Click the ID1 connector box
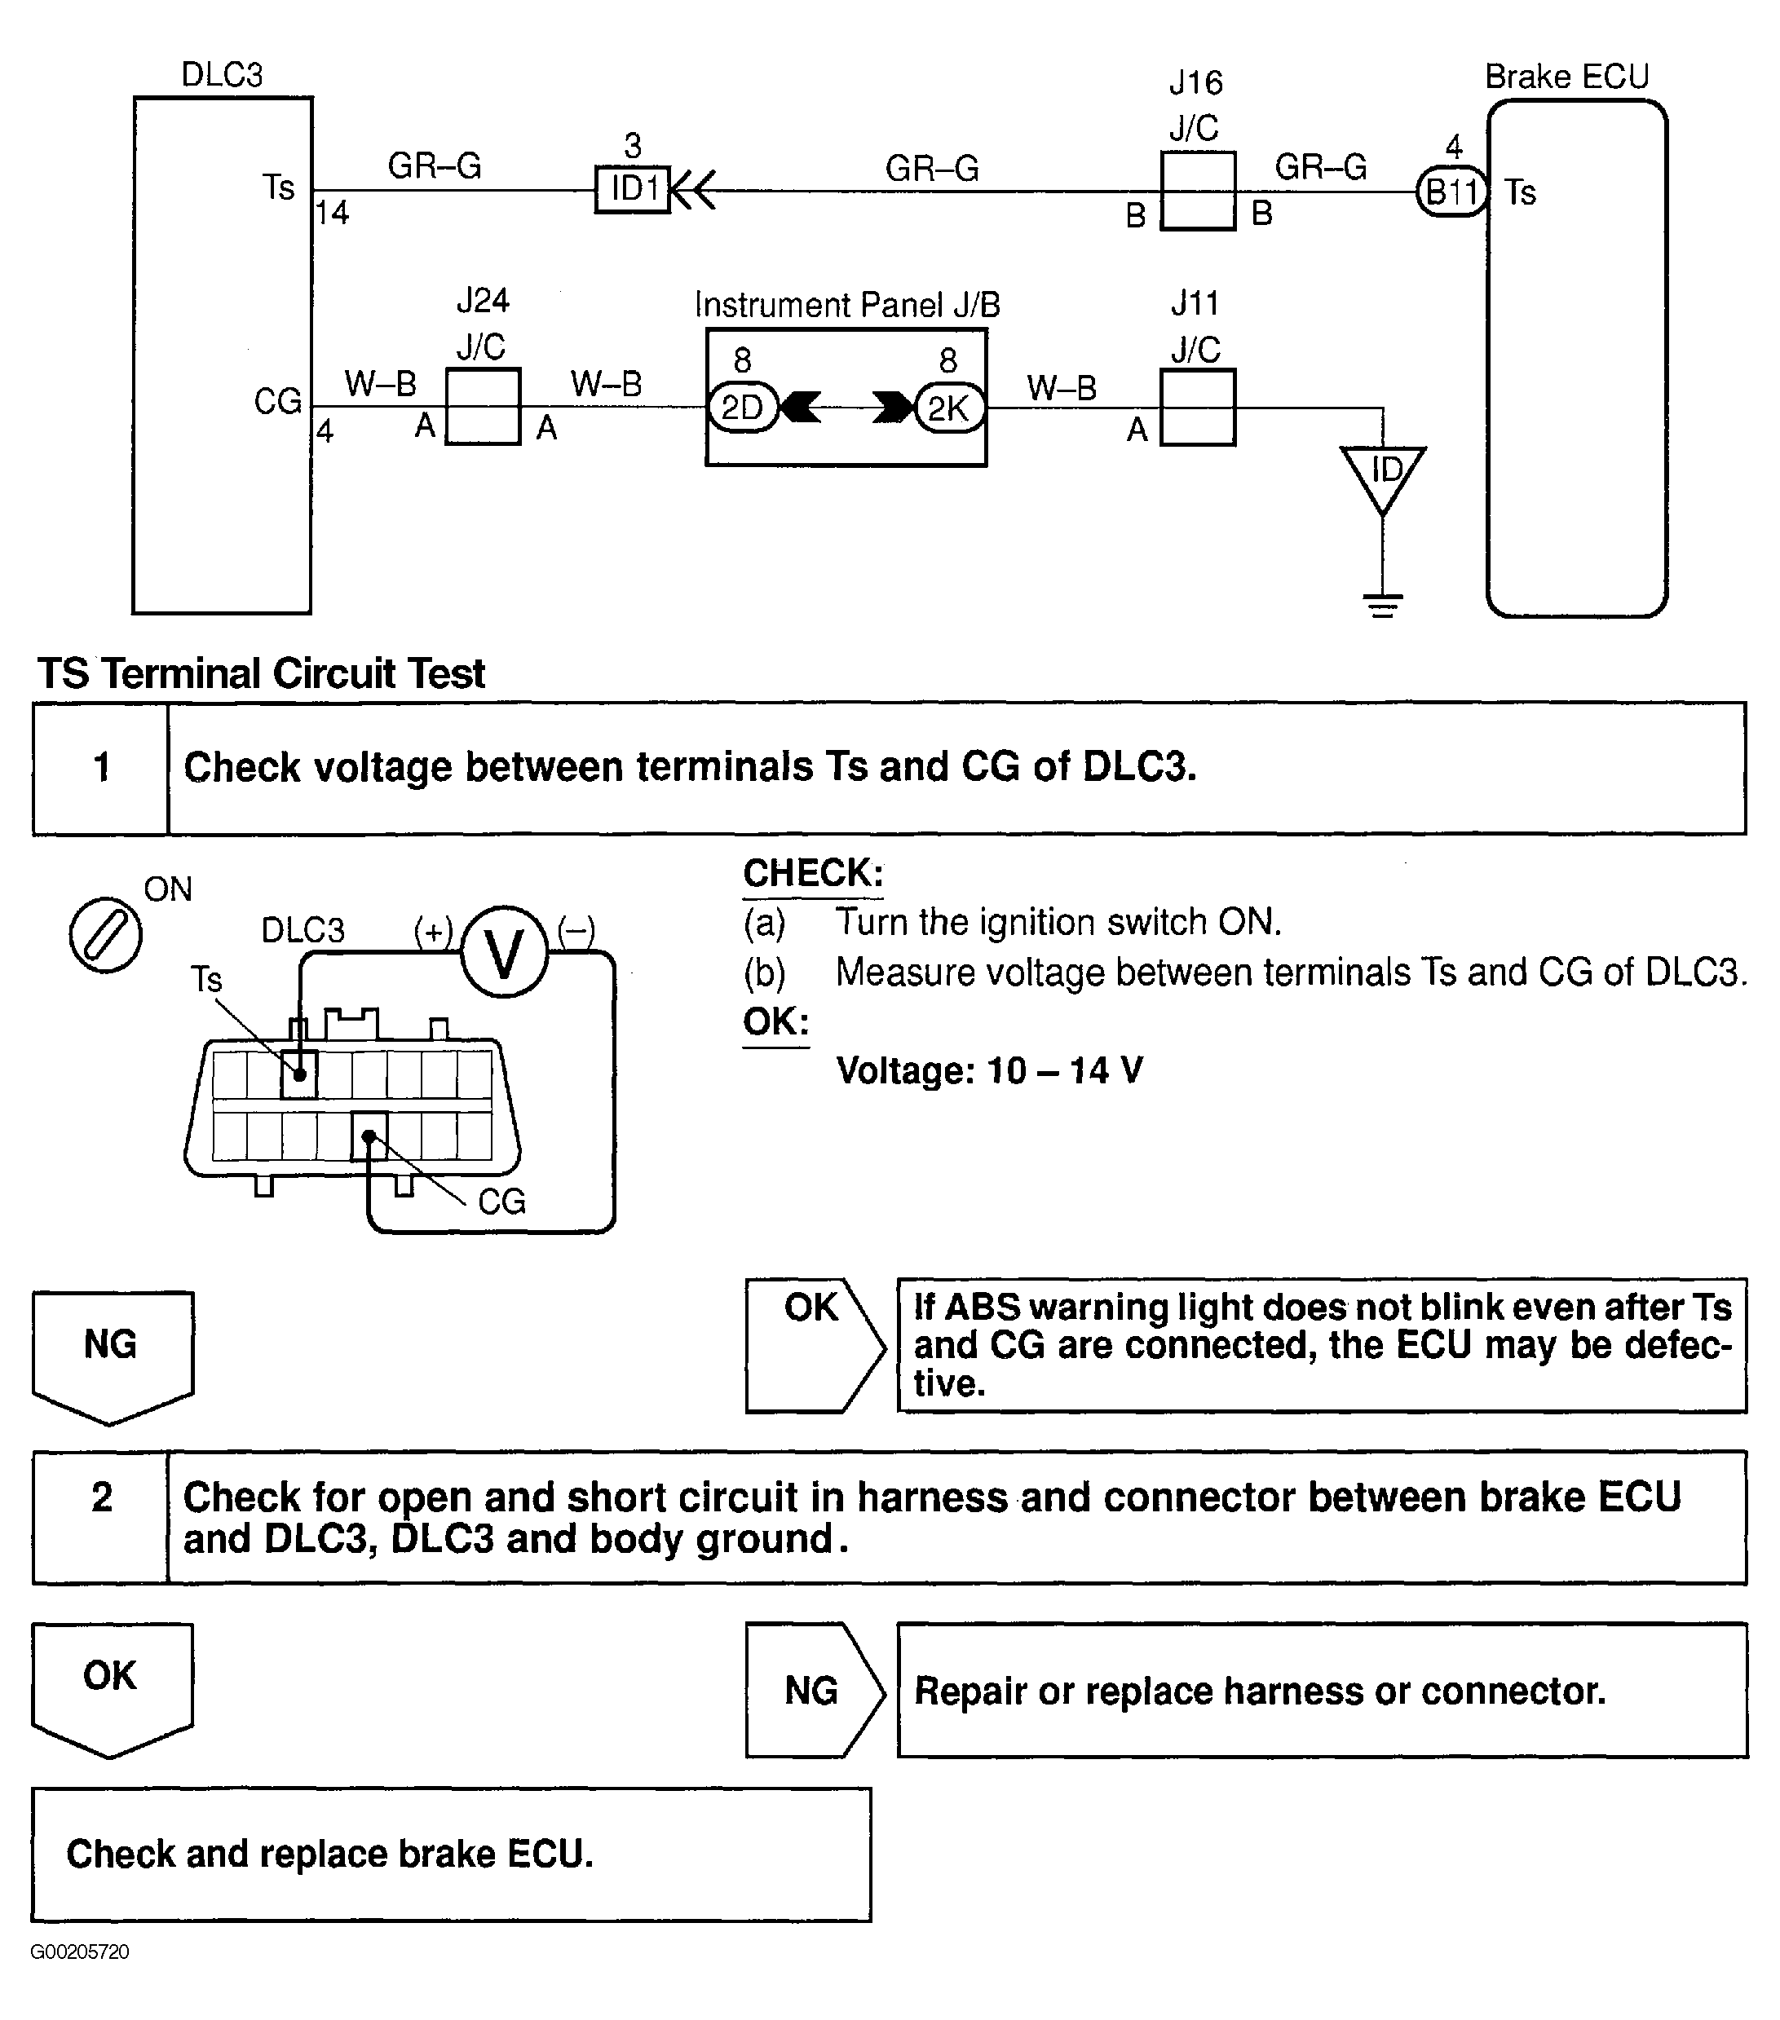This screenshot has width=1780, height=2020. [x=633, y=189]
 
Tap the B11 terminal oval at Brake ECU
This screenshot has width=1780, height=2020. [x=1451, y=191]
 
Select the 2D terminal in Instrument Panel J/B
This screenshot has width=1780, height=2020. [x=742, y=407]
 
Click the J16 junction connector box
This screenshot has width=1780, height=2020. [x=1198, y=191]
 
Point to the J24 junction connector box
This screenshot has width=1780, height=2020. [x=483, y=407]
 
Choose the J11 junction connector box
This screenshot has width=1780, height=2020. [x=1197, y=407]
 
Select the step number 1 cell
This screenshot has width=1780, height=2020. [x=101, y=768]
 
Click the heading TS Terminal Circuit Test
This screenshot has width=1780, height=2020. [x=261, y=674]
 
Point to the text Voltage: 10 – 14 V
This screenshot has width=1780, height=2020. [x=989, y=1070]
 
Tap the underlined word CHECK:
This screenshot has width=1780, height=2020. [x=812, y=874]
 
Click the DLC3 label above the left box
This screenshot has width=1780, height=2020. [x=222, y=75]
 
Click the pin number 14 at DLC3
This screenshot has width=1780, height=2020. [x=332, y=213]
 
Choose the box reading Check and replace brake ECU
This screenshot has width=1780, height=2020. [x=451, y=1854]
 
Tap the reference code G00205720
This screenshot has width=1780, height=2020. [x=79, y=1952]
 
